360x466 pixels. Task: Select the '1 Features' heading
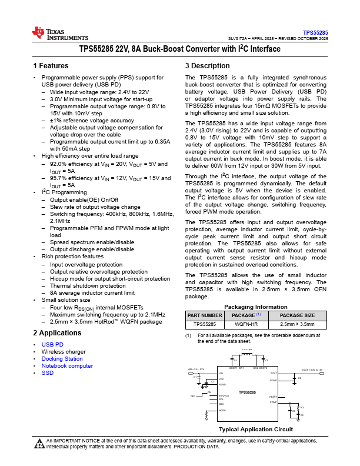point(51,66)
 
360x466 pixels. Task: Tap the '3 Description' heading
point(206,66)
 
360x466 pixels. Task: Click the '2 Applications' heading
point(56,333)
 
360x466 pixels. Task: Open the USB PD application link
point(52,344)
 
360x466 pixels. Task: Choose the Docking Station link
point(62,358)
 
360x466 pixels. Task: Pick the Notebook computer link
point(67,365)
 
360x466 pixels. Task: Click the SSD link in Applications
point(47,372)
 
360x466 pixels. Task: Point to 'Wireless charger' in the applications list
point(64,351)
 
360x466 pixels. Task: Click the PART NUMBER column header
point(205,315)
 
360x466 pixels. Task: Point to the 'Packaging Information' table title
point(255,307)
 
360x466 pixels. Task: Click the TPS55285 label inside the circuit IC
point(247,391)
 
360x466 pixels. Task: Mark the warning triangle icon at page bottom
point(39,444)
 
